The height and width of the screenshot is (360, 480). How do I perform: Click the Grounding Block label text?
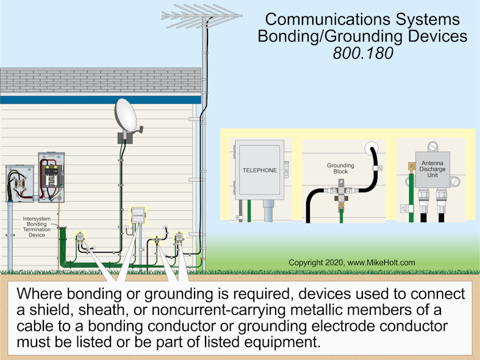pyautogui.click(x=337, y=168)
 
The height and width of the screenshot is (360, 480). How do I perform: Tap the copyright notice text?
pyautogui.click(x=351, y=263)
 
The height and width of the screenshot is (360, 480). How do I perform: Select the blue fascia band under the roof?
pyautogui.click(x=101, y=99)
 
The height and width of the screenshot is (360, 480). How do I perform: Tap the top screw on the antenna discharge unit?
pyautogui.click(x=432, y=146)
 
